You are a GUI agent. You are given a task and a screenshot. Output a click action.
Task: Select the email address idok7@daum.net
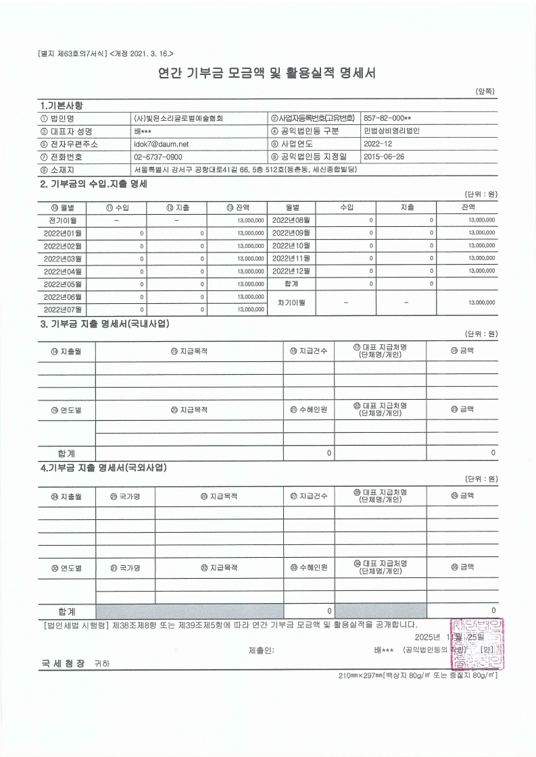tap(161, 144)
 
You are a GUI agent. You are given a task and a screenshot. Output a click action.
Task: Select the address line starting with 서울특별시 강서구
tap(245, 169)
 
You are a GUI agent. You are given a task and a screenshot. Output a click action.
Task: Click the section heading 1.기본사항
tap(62, 105)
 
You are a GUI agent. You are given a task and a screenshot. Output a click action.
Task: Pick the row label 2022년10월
tap(291, 245)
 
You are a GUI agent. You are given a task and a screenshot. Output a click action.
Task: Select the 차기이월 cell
tap(291, 303)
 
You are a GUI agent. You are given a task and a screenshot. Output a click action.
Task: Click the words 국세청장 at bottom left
tap(62, 664)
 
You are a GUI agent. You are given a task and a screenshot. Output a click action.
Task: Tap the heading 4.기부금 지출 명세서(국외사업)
tap(103, 467)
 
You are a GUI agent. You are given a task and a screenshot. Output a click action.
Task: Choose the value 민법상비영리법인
tap(391, 130)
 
